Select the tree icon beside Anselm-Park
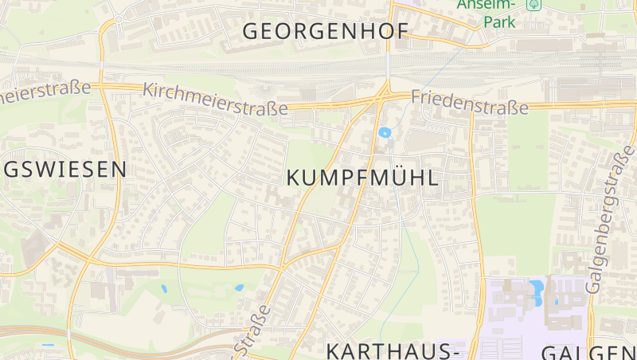(533, 4)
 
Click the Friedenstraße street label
(470, 102)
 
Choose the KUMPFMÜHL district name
(361, 178)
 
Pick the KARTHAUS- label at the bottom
(395, 350)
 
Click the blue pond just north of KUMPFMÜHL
(385, 133)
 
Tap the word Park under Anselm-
(499, 22)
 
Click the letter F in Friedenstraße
(416, 97)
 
